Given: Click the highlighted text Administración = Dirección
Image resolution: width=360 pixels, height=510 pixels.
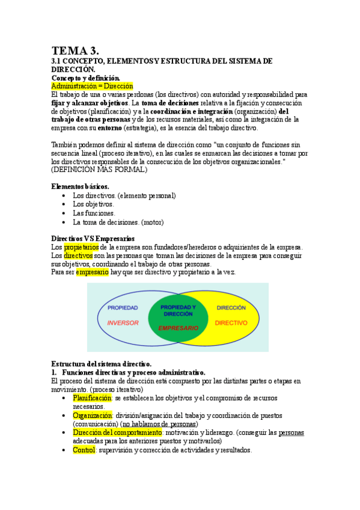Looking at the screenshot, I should (x=92, y=86).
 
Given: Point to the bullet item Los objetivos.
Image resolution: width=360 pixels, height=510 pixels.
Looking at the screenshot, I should (x=93, y=204).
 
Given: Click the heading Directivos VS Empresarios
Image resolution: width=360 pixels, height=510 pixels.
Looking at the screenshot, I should (x=93, y=239).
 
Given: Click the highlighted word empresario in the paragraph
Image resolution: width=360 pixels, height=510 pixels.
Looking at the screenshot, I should (x=92, y=272).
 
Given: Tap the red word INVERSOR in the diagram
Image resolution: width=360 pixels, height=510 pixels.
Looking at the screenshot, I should (x=123, y=322).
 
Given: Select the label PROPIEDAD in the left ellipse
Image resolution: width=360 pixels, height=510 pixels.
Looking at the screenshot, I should (x=123, y=307).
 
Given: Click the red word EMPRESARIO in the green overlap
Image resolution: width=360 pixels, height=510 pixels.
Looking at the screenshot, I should (x=178, y=328).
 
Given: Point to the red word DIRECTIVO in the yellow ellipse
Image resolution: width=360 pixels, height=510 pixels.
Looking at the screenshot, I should (x=231, y=322).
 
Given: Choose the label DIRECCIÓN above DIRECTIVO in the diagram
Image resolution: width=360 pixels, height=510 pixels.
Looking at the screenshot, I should (x=231, y=307).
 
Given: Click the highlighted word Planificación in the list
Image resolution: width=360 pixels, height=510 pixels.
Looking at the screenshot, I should (x=93, y=398).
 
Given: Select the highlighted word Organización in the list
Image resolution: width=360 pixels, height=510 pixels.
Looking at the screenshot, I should (x=93, y=416).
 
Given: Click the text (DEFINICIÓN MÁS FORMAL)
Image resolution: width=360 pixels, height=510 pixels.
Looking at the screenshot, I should (x=99, y=170).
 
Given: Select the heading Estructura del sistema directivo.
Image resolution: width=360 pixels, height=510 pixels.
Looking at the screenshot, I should (x=101, y=364).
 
